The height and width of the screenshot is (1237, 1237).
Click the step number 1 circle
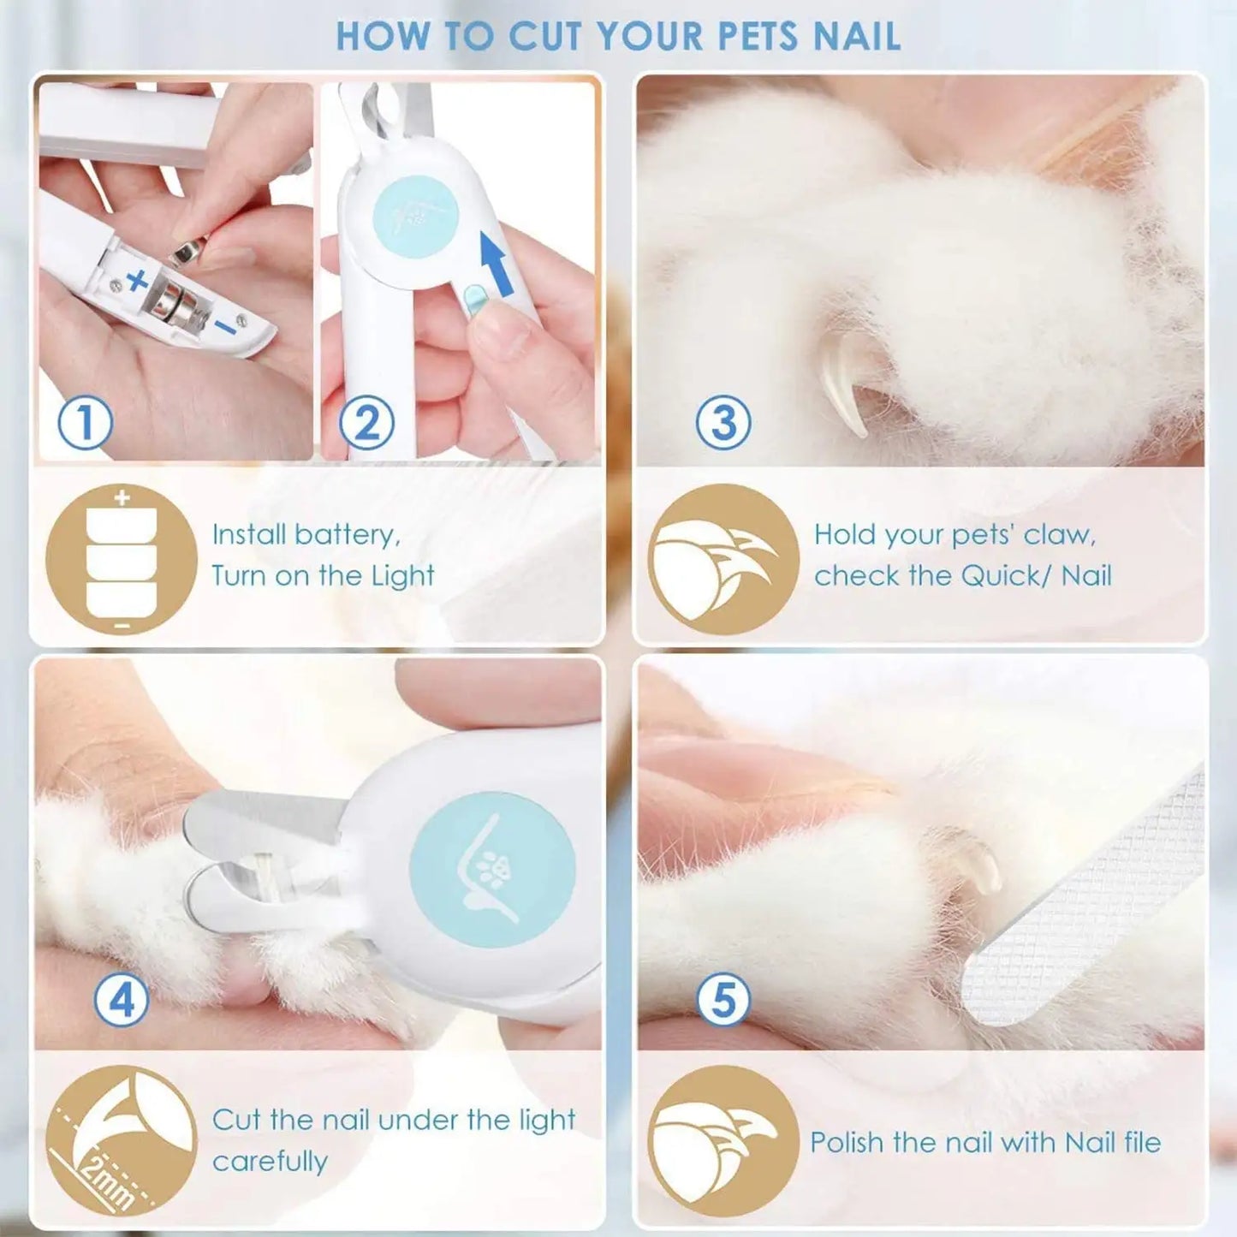pyautogui.click(x=84, y=422)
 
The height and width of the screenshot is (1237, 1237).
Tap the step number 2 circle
pyautogui.click(x=366, y=422)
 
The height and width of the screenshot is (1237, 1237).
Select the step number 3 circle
pyautogui.click(x=723, y=422)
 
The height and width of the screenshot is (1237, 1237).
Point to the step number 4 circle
pyautogui.click(x=122, y=999)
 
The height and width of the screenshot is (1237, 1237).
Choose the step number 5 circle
pyautogui.click(x=723, y=999)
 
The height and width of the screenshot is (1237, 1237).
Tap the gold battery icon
pyautogui.click(x=122, y=558)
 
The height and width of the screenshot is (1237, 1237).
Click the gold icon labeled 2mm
pyautogui.click(x=122, y=1140)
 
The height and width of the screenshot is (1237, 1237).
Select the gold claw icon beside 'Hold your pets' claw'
pyautogui.click(x=723, y=558)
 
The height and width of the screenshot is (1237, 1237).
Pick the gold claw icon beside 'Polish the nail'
pyautogui.click(x=723, y=1140)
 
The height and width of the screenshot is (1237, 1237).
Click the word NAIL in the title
pyautogui.click(x=856, y=37)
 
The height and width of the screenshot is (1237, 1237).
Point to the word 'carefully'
pyautogui.click(x=270, y=1162)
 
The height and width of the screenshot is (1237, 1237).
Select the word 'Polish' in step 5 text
pyautogui.click(x=847, y=1142)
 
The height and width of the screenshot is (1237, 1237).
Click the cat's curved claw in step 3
pyautogui.click(x=843, y=381)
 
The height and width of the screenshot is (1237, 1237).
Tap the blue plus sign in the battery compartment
pyautogui.click(x=137, y=280)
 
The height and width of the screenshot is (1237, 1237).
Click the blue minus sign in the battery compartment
pyautogui.click(x=224, y=326)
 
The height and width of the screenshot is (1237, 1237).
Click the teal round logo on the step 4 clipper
pyautogui.click(x=491, y=869)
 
